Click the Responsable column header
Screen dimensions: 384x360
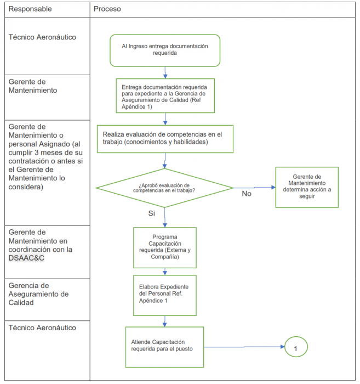(x=31, y=9)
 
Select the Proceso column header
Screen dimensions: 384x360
(x=107, y=9)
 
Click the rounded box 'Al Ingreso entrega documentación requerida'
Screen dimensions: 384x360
(x=165, y=50)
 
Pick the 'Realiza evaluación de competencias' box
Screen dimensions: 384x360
(x=165, y=139)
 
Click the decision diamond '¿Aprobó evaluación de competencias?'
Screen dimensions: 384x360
(x=165, y=188)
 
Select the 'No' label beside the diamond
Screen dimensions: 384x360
(x=247, y=194)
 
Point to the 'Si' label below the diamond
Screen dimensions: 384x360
(x=152, y=213)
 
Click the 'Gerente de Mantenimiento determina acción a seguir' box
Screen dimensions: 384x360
(x=307, y=187)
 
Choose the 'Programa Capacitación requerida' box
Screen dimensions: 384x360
(x=165, y=247)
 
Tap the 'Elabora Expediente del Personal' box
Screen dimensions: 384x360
(x=165, y=295)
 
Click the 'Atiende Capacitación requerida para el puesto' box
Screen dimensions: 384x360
(x=164, y=347)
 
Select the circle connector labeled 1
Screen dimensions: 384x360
(x=296, y=347)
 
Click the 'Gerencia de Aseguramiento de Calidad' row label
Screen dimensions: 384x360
(x=38, y=294)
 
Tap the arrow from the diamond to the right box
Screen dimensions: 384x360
(x=255, y=187)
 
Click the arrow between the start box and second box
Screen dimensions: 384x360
(x=165, y=72)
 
